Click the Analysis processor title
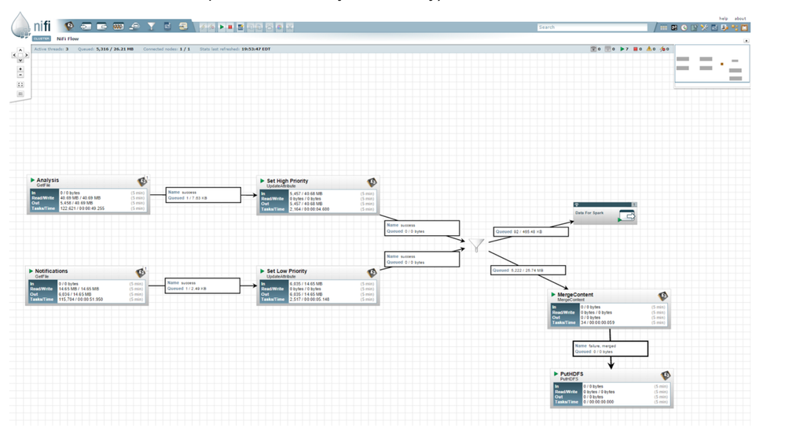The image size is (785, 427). coord(47,180)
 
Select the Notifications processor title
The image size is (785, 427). coord(51,271)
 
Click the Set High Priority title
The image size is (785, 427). coord(287,181)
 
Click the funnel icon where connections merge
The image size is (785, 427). coord(477,246)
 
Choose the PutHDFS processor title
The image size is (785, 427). coord(571,374)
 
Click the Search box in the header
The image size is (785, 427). coord(592,28)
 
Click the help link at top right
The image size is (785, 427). coord(723,18)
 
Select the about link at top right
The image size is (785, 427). coord(740,18)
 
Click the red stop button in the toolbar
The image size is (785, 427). coord(231,28)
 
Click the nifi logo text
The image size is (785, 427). coord(42,28)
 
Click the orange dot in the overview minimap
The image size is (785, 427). coord(722,64)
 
